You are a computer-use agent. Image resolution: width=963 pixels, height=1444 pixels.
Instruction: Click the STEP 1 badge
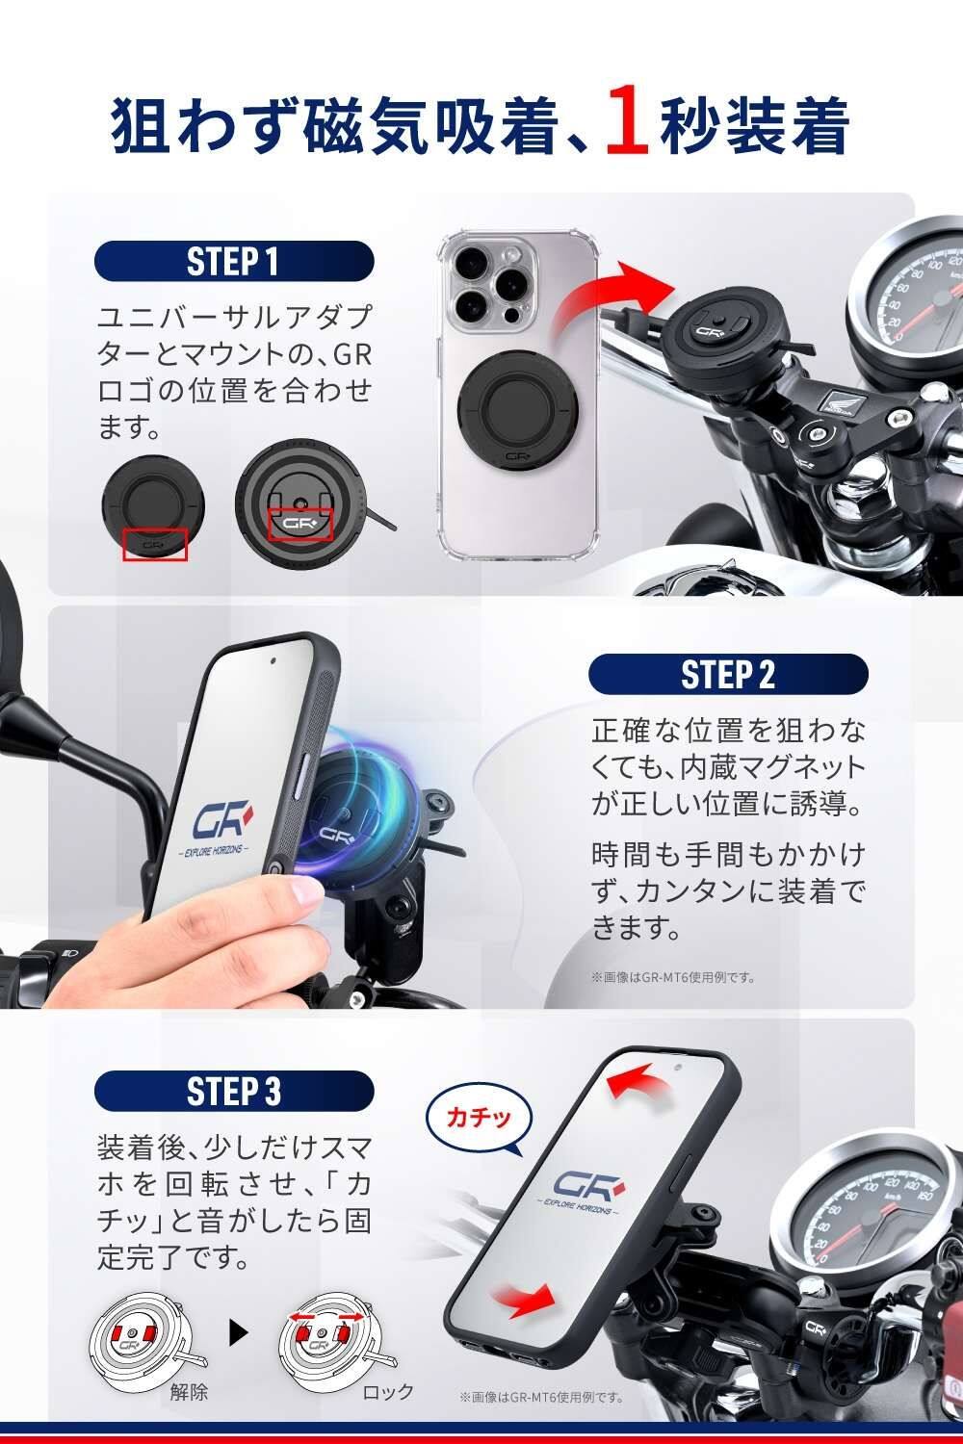233,261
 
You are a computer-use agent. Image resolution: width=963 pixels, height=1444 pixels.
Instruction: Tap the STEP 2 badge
728,674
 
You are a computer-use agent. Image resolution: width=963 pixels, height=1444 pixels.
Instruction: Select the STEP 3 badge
233,1092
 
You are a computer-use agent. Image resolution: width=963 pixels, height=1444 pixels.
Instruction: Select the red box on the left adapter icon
155,545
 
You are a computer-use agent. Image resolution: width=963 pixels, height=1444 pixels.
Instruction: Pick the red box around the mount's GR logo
299,524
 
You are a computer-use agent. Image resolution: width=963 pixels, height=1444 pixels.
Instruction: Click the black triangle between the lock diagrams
238,1333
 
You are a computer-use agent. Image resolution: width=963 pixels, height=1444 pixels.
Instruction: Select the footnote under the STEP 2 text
673,977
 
